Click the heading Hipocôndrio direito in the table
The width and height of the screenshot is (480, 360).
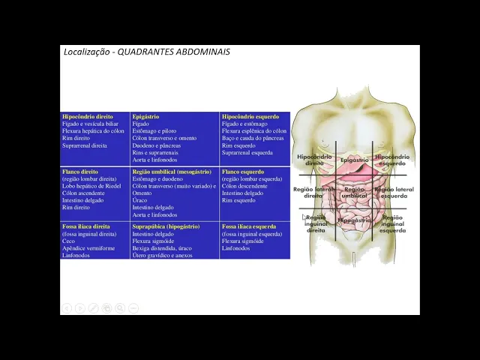point(88,117)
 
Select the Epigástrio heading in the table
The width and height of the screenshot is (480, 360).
point(145,117)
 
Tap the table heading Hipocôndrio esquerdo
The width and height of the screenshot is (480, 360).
point(250,117)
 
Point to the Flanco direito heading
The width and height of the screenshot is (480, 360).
point(80,172)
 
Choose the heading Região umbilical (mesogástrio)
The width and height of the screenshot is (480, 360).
point(171,172)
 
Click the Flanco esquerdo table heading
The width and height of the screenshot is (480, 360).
point(243,172)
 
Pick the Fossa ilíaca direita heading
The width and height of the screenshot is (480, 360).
point(85,226)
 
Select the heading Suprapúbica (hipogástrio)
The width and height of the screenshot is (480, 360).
point(166,226)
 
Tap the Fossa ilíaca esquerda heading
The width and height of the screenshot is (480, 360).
point(249,226)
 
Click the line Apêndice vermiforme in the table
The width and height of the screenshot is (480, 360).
point(88,248)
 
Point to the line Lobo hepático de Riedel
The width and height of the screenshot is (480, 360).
point(91,186)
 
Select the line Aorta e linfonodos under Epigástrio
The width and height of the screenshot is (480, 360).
point(154,160)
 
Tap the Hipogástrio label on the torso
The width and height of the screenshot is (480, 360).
point(354,220)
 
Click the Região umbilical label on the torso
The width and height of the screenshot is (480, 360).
point(354,193)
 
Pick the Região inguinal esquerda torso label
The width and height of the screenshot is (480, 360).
point(392,224)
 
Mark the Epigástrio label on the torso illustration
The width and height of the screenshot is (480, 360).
point(354,160)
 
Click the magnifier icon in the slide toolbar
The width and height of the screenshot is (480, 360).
point(120,308)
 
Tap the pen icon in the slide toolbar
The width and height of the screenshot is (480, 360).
point(93,308)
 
